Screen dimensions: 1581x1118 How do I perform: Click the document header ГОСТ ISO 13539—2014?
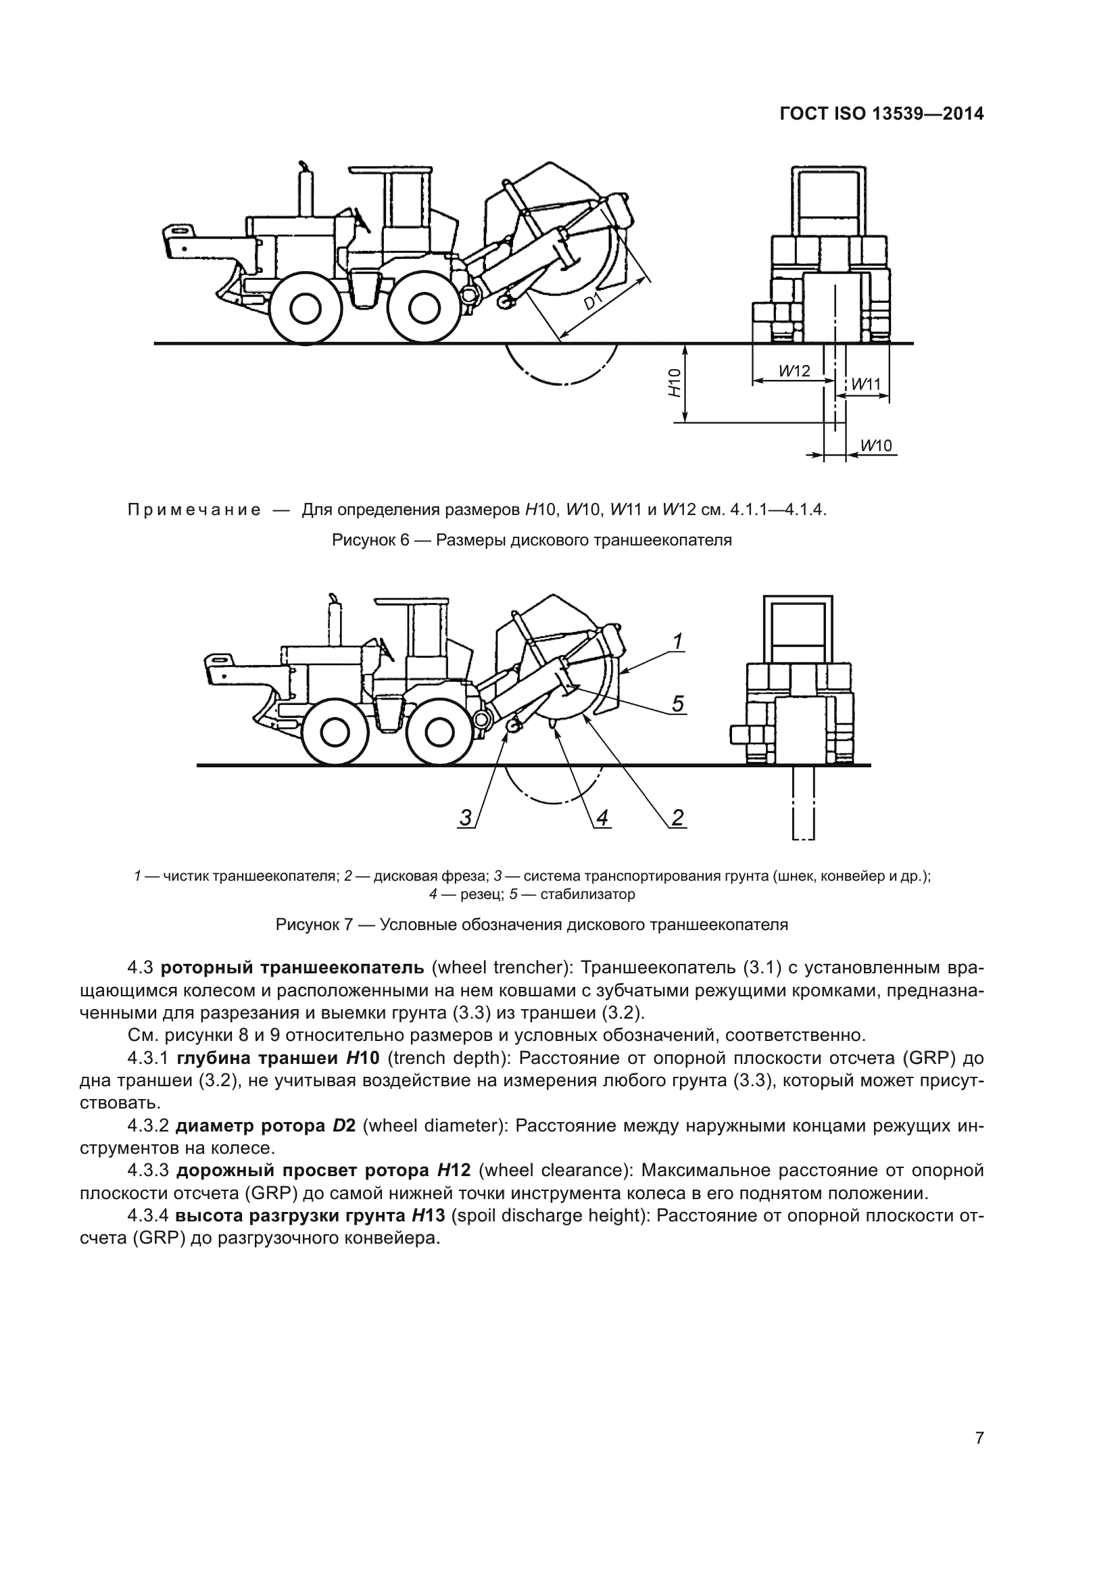coord(881,114)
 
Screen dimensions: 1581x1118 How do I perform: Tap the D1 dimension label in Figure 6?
coord(594,301)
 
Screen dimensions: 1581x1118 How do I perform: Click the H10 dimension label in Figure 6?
coord(675,383)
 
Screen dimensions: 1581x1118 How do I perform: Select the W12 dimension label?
coord(794,370)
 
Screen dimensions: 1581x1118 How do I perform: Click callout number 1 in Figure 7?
coord(677,641)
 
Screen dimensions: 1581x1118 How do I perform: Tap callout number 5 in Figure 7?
coord(677,704)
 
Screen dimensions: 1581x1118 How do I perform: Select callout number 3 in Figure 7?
coord(466,818)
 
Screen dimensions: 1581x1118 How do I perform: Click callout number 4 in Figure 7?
coord(602,818)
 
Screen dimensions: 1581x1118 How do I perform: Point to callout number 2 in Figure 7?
coord(677,818)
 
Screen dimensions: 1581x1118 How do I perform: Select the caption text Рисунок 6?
coord(531,541)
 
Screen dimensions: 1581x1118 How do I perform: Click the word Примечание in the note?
coord(194,510)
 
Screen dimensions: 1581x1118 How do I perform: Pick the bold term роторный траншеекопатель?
coord(293,968)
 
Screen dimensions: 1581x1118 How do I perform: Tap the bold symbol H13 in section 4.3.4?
coord(428,1215)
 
